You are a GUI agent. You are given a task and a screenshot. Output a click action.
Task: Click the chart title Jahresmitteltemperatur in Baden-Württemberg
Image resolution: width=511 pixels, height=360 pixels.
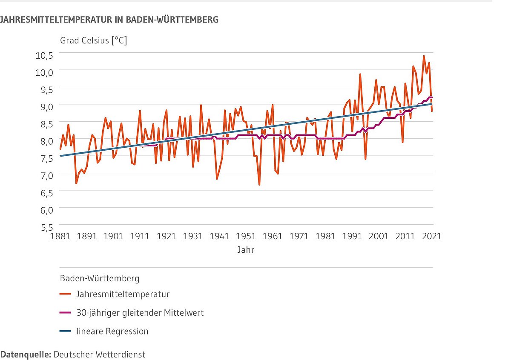[x=109, y=20]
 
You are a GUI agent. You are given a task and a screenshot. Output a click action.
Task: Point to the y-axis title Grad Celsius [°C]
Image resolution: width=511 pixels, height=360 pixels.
[x=93, y=41]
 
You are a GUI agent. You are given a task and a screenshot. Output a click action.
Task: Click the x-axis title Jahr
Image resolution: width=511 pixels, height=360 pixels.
[x=246, y=250]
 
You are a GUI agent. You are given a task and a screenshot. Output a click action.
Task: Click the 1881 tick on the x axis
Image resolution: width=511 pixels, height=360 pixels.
[x=60, y=236]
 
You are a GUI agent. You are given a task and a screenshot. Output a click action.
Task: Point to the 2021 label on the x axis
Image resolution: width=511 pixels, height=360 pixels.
[x=432, y=236]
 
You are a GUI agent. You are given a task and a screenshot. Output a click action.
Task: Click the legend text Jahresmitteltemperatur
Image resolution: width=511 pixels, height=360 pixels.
[x=123, y=294]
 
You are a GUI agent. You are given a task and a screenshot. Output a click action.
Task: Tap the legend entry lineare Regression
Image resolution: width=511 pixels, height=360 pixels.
[x=112, y=331]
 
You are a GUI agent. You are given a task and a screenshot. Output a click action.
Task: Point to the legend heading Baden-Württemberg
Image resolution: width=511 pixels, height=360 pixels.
[x=100, y=279]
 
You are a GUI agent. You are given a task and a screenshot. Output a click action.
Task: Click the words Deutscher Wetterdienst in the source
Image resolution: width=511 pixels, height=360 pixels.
[x=99, y=354]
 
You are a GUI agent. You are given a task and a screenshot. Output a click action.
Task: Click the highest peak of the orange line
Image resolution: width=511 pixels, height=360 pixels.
[x=424, y=56]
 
